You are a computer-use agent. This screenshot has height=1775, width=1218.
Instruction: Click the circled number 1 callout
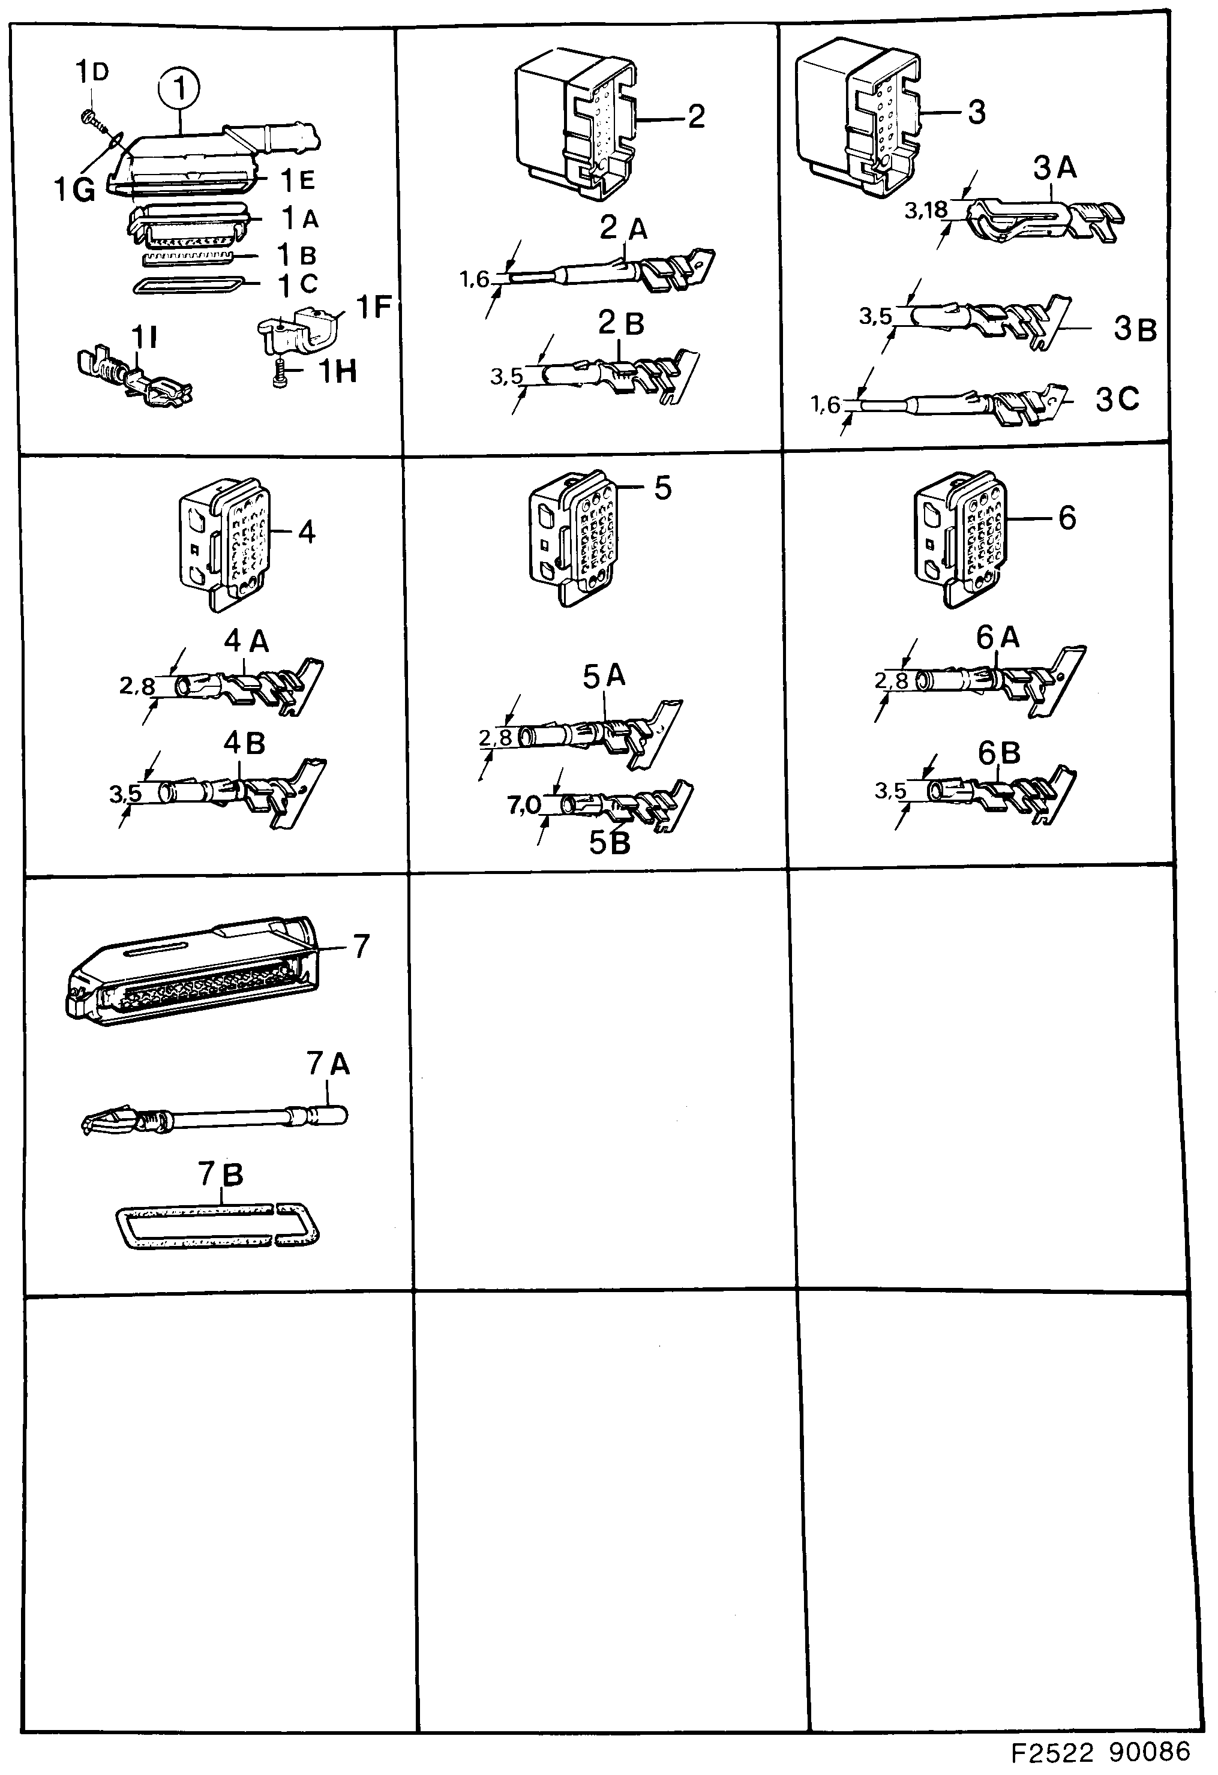(179, 90)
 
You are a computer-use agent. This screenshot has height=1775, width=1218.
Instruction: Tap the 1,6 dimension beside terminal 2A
(474, 280)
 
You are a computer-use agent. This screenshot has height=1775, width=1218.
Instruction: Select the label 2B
(620, 324)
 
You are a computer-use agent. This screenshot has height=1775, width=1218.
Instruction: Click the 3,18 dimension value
(925, 210)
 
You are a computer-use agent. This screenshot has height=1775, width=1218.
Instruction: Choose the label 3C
(1117, 400)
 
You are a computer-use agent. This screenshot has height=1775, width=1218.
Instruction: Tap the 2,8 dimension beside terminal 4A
(137, 686)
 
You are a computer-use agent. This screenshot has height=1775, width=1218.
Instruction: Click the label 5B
(609, 842)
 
